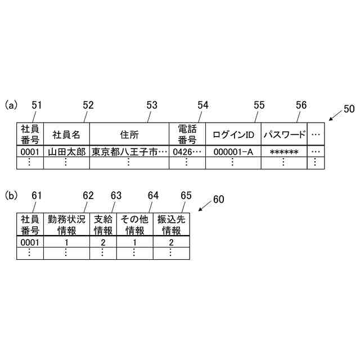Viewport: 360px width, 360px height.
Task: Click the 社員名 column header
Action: [66, 134]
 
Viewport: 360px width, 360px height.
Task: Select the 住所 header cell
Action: [129, 134]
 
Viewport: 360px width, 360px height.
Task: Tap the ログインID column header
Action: [233, 134]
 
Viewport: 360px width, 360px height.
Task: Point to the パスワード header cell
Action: [284, 134]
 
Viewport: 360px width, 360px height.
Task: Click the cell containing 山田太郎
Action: [66, 152]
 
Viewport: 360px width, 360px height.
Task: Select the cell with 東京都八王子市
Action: [129, 152]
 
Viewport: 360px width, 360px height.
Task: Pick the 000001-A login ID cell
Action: [233, 152]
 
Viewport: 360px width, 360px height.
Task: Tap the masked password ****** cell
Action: [284, 152]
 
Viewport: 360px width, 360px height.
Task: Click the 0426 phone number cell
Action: [187, 152]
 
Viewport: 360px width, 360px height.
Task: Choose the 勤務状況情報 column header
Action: [67, 224]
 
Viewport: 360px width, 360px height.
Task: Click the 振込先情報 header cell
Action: [171, 224]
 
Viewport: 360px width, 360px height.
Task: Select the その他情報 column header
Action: [134, 224]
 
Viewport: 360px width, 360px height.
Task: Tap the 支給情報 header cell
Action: [102, 224]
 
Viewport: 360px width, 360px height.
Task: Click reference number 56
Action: [301, 105]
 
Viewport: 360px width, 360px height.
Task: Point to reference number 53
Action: [152, 105]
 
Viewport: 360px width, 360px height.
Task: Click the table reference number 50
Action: [349, 110]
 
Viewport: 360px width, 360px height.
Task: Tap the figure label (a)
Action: [11, 105]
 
